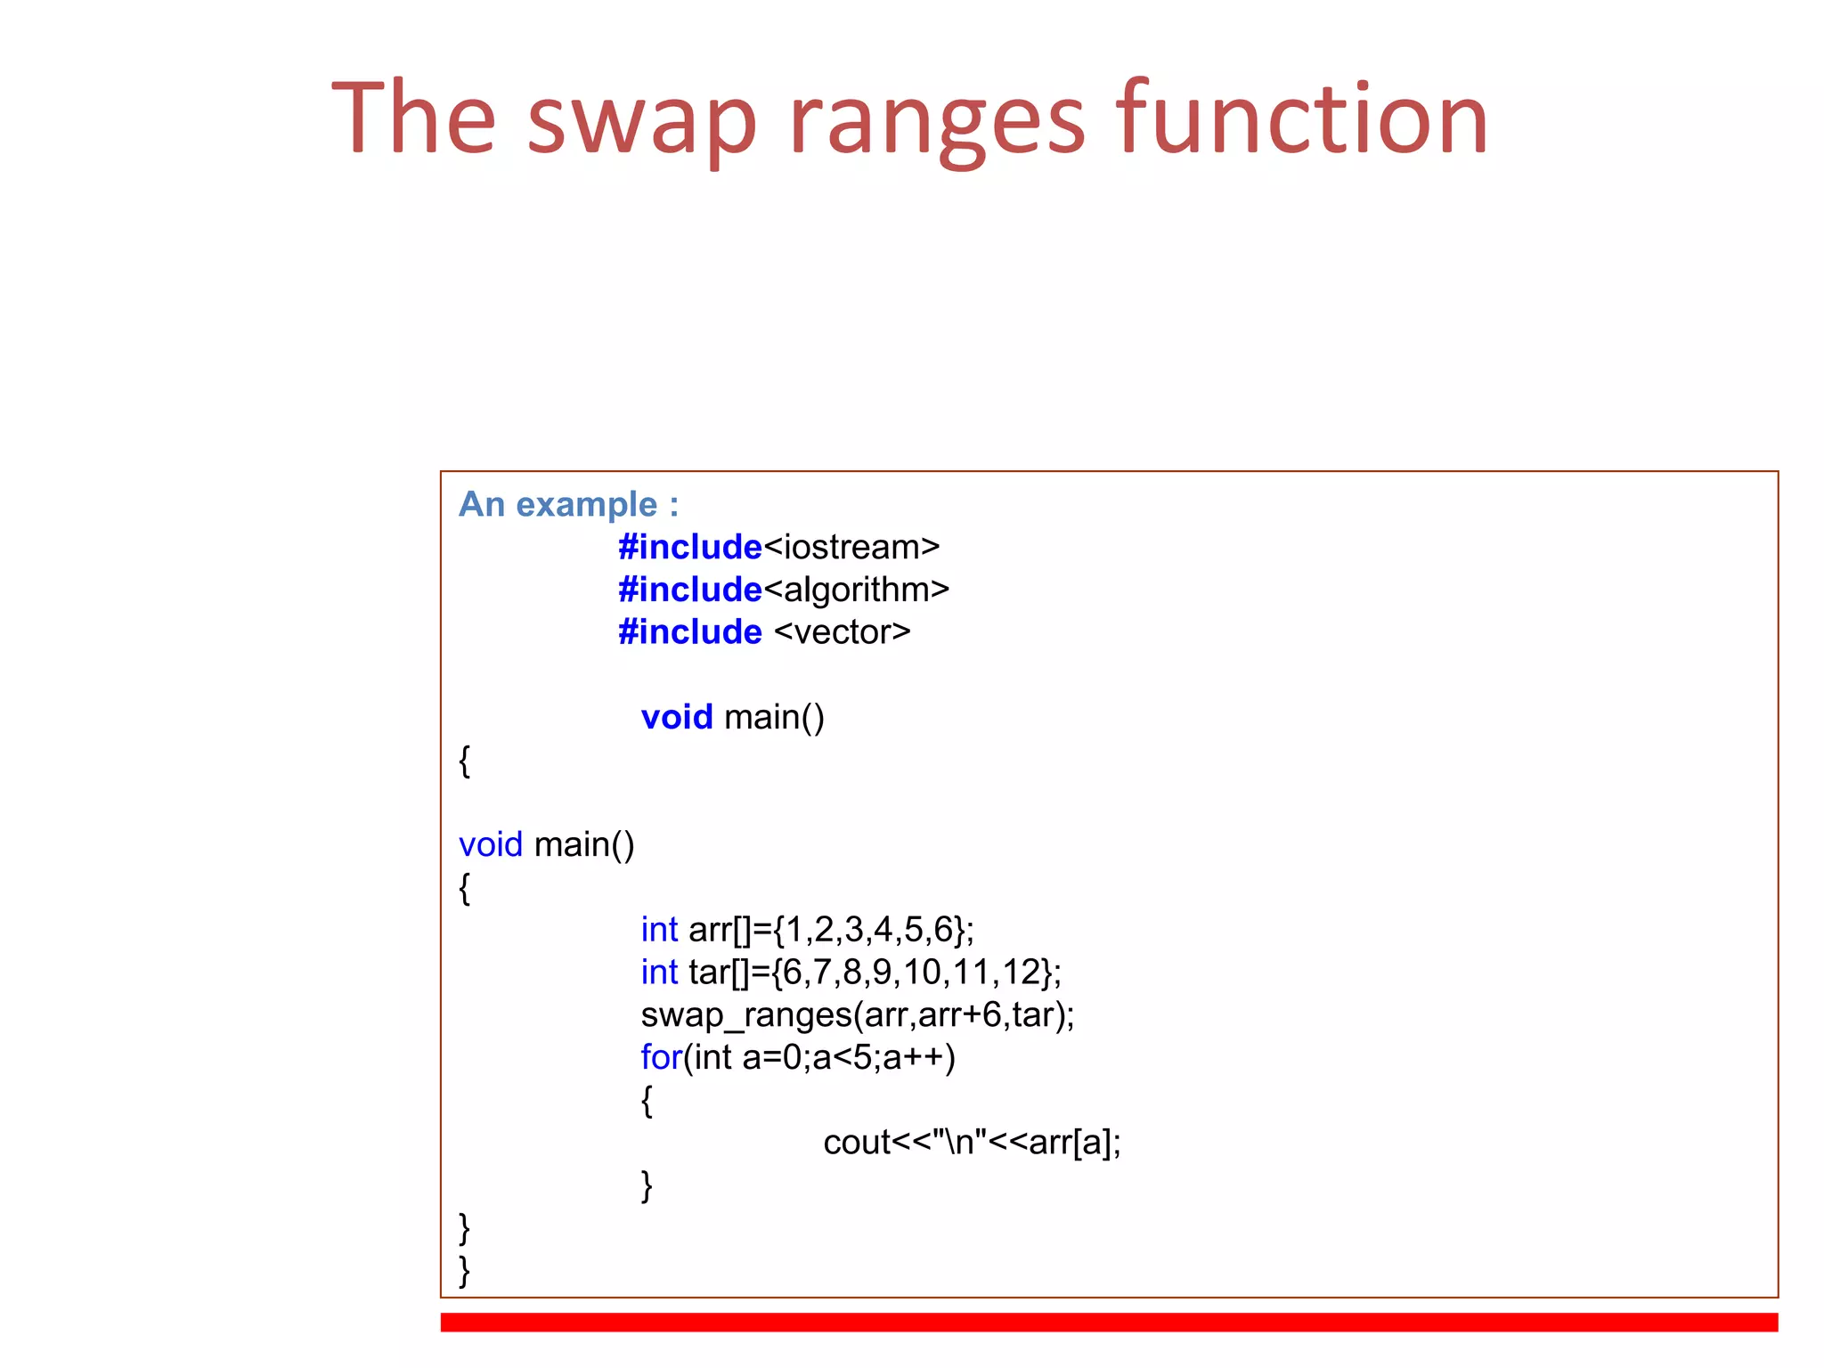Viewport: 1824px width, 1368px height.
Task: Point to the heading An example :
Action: (568, 504)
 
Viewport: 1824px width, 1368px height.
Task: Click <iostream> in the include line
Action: (851, 547)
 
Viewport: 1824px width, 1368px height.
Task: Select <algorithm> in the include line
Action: (857, 590)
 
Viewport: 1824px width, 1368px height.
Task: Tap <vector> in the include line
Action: (843, 632)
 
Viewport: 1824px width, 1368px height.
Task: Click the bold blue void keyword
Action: (677, 717)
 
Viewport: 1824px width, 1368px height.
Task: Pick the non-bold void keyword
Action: (490, 844)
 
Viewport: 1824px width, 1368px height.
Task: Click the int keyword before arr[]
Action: (659, 930)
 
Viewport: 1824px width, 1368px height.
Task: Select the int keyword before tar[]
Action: (659, 973)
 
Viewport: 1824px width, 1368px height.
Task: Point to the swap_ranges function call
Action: (857, 1015)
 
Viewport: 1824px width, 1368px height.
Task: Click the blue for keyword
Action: (661, 1057)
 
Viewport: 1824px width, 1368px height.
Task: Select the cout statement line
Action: (972, 1143)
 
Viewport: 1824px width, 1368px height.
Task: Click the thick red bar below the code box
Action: (1109, 1322)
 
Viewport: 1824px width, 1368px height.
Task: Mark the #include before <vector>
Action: (690, 632)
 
